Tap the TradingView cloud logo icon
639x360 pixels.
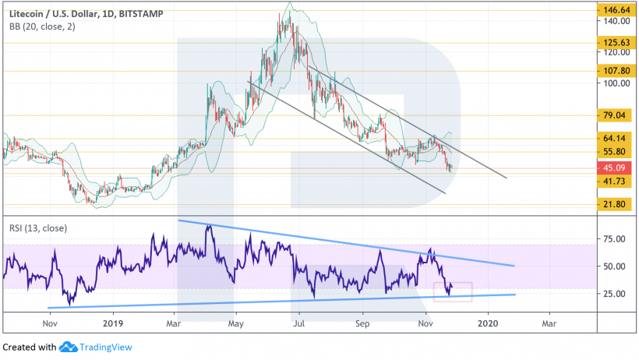pyautogui.click(x=66, y=348)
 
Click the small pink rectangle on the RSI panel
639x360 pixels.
pyautogui.click(x=453, y=291)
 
